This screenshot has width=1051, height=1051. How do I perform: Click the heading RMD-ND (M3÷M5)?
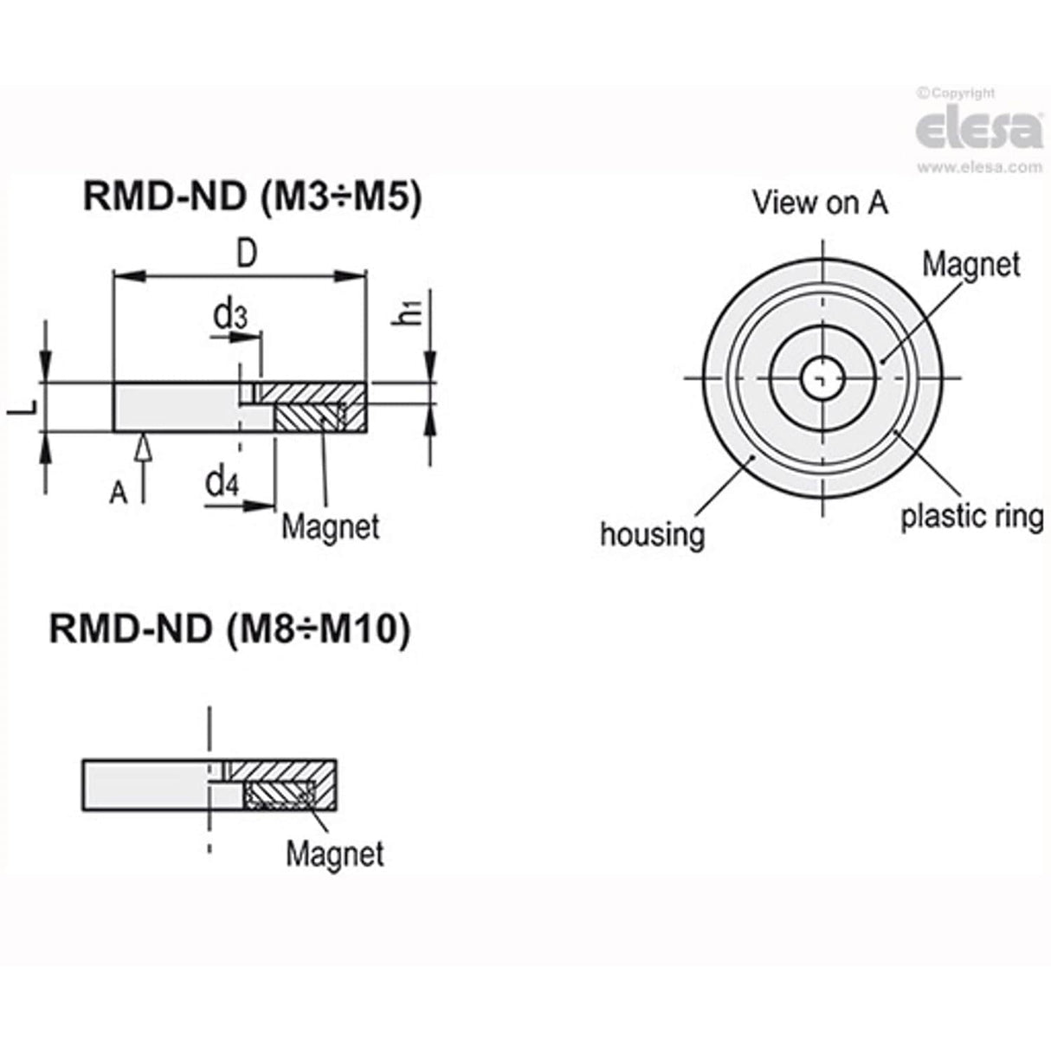pyautogui.click(x=251, y=197)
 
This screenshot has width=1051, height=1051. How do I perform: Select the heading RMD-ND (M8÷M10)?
pyautogui.click(x=229, y=629)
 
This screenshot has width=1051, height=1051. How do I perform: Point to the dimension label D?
pyautogui.click(x=247, y=255)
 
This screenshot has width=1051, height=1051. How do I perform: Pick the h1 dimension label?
pyautogui.click(x=409, y=311)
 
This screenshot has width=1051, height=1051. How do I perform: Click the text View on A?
pyautogui.click(x=819, y=203)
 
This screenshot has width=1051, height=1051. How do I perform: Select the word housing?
pyautogui.click(x=652, y=533)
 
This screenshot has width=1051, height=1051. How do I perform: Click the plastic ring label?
pyautogui.click(x=971, y=516)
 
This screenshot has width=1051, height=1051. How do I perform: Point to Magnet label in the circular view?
pyautogui.click(x=970, y=264)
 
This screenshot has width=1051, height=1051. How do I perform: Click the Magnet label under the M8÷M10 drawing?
pyautogui.click(x=334, y=854)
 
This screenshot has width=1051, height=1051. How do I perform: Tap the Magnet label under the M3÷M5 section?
pyautogui.click(x=330, y=526)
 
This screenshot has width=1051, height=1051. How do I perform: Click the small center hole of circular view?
pyautogui.click(x=821, y=377)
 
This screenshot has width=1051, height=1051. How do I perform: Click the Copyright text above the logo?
pyautogui.click(x=959, y=93)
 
